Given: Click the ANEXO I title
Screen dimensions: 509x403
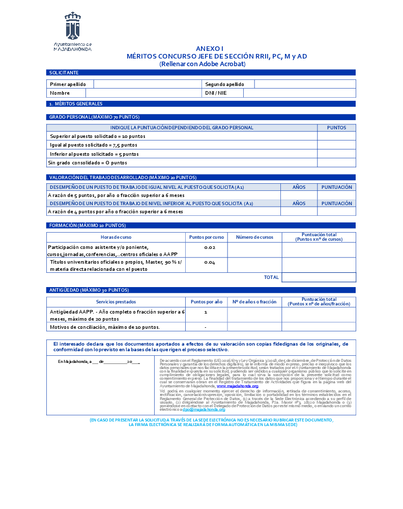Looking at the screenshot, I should [210, 48].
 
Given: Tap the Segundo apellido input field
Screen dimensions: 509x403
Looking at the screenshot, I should [304, 84].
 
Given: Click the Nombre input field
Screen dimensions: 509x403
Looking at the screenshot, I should [143, 93].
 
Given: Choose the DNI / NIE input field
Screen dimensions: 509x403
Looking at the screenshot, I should [299, 93].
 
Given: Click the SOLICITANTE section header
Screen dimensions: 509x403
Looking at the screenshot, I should [64, 73].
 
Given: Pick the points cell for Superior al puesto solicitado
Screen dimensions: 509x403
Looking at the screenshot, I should [336, 136].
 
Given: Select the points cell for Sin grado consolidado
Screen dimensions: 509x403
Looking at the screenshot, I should [336, 163].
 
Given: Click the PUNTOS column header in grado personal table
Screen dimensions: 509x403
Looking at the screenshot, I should [336, 128].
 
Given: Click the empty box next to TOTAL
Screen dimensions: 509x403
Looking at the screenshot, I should [319, 277].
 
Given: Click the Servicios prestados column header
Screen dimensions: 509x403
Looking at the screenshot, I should [116, 302].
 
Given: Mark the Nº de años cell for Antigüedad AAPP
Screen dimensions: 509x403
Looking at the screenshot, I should [254, 315].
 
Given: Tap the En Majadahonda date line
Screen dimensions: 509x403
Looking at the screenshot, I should [99, 362].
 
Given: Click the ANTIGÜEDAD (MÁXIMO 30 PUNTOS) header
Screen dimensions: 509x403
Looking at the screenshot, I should [85, 290].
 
